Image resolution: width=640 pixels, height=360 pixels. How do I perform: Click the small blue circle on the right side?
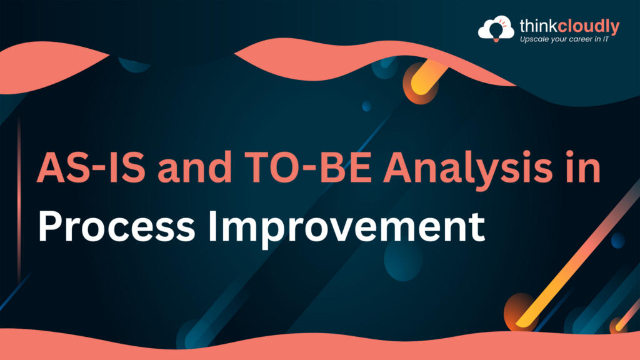click(617, 240)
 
